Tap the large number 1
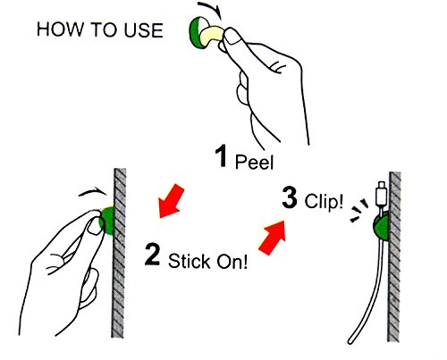point(221,156)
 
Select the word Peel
point(254,163)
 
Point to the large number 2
point(153,254)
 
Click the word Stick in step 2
point(189,261)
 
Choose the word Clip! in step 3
point(324,201)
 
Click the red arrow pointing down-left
point(171,202)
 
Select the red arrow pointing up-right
point(273,238)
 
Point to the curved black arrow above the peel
point(210,8)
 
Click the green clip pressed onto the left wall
point(108,221)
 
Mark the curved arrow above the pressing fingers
point(92,192)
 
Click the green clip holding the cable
point(381,226)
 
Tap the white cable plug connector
point(382,195)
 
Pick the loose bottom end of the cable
point(350,341)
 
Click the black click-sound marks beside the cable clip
point(358,210)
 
